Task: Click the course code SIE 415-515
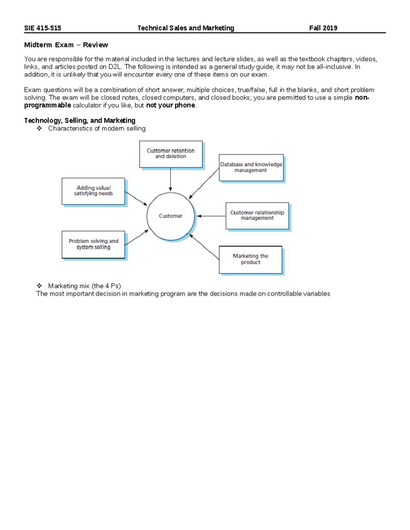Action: point(42,28)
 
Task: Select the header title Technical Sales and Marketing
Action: point(186,28)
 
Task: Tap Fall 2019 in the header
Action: point(323,28)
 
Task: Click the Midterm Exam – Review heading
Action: point(66,45)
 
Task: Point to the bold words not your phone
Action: point(170,105)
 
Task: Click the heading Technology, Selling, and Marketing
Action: point(80,120)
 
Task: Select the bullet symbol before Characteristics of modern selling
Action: point(39,128)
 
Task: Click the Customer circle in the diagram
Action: point(170,216)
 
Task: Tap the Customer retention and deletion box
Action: point(170,154)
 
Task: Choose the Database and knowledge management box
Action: point(251,167)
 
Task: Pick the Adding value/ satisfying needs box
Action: point(93,191)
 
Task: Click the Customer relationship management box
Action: point(257,215)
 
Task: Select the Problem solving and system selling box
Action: point(93,244)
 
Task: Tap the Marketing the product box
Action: point(250,259)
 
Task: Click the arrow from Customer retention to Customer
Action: point(170,179)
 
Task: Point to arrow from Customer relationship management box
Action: point(211,216)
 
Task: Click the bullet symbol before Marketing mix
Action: point(39,286)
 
